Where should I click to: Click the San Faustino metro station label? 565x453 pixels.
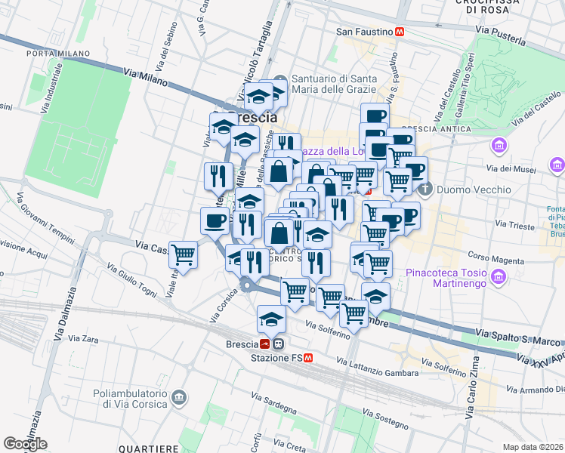click(x=364, y=32)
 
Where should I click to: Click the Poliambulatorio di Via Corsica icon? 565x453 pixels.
click(x=179, y=396)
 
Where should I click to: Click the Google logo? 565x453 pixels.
click(x=25, y=444)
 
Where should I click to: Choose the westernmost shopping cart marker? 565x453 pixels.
click(x=183, y=254)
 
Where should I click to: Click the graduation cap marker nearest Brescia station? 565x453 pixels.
click(x=271, y=319)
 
